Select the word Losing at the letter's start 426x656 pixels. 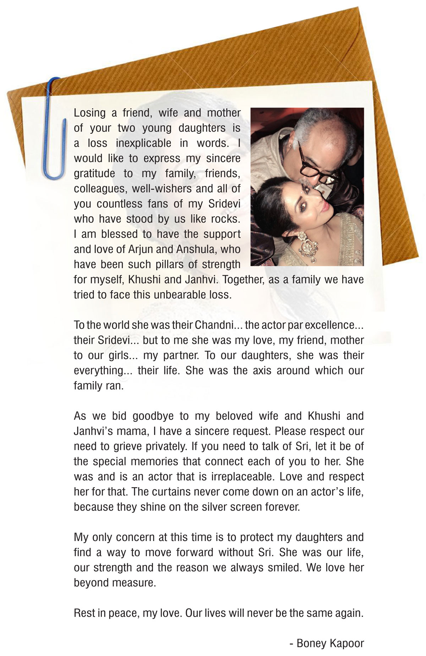pyautogui.click(x=90, y=113)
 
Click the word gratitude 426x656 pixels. pyautogui.click(x=94, y=174)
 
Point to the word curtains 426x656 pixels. pyautogui.click(x=178, y=492)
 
